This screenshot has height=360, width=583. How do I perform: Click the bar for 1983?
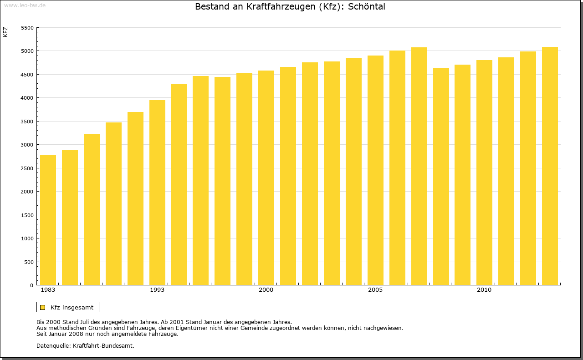point(48,220)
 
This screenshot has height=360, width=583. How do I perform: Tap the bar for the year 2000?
point(266,178)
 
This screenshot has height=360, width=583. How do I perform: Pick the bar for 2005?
point(375,170)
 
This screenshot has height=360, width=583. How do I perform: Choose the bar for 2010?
point(484,172)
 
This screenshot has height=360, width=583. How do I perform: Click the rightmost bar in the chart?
point(550,166)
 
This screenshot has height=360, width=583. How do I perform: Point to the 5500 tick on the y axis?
point(28,28)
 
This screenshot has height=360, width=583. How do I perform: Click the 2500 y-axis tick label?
point(28,168)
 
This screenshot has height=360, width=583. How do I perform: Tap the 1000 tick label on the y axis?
point(28,238)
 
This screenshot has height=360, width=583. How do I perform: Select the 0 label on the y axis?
point(31,285)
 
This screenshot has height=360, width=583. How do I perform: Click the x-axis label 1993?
point(157,290)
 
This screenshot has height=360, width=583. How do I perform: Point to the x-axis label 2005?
point(375,290)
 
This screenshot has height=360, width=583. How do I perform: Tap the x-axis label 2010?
point(484,290)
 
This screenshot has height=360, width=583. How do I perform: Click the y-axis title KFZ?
point(5,32)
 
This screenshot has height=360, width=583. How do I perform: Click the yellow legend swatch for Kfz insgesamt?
point(42,307)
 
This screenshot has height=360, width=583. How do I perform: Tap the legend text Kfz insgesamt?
point(72,307)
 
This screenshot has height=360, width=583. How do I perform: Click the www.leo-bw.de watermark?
point(25,5)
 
